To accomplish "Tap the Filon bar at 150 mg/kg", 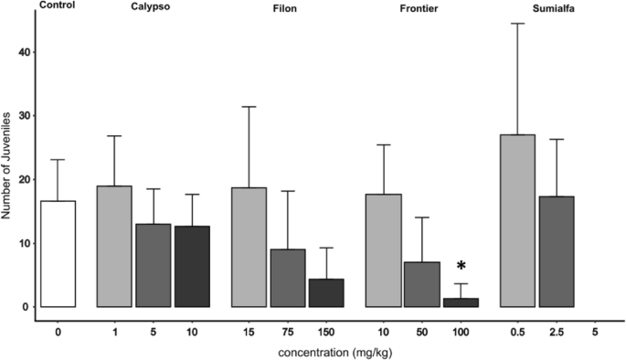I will point(325,293).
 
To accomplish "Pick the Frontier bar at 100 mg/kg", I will point(460,302).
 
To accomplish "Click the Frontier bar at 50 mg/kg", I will point(421,284).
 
